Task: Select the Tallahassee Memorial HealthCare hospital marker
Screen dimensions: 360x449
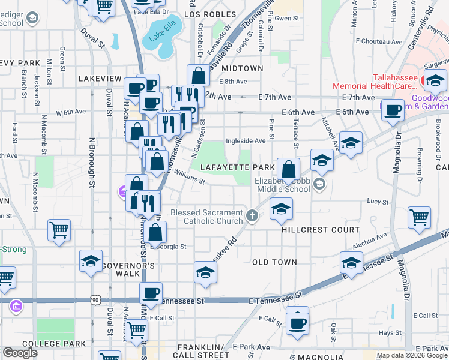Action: pyautogui.click(x=432, y=80)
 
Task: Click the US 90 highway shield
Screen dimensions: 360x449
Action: pyautogui.click(x=96, y=299)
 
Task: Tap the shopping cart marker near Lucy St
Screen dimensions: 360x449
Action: pyautogui.click(x=419, y=217)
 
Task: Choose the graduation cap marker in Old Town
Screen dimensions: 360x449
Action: pyautogui.click(x=205, y=272)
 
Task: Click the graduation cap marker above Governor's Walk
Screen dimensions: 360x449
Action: pyautogui.click(x=91, y=261)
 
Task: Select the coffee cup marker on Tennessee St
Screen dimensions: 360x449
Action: pyautogui.click(x=151, y=293)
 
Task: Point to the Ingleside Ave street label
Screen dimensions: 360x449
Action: pyautogui.click(x=245, y=141)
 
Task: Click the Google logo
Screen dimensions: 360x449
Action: pyautogui.click(x=20, y=352)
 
